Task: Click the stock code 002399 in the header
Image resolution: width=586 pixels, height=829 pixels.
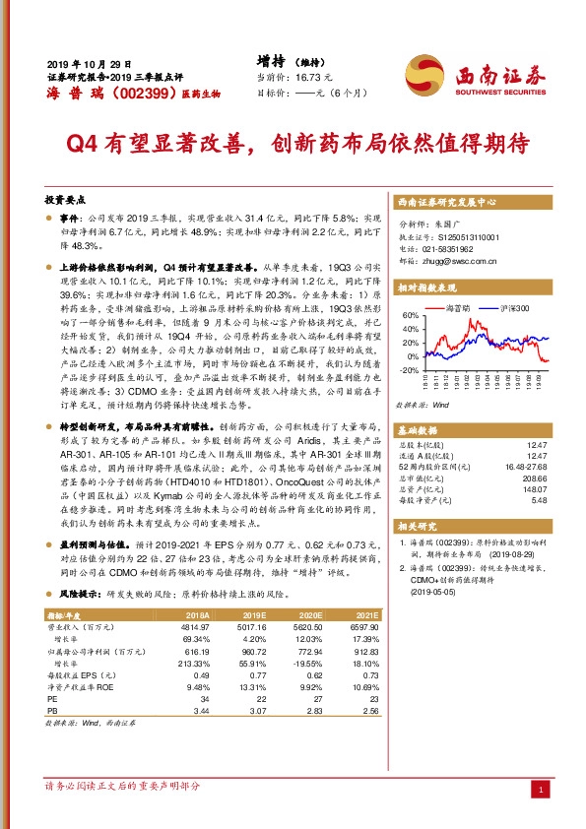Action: pos(128,93)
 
